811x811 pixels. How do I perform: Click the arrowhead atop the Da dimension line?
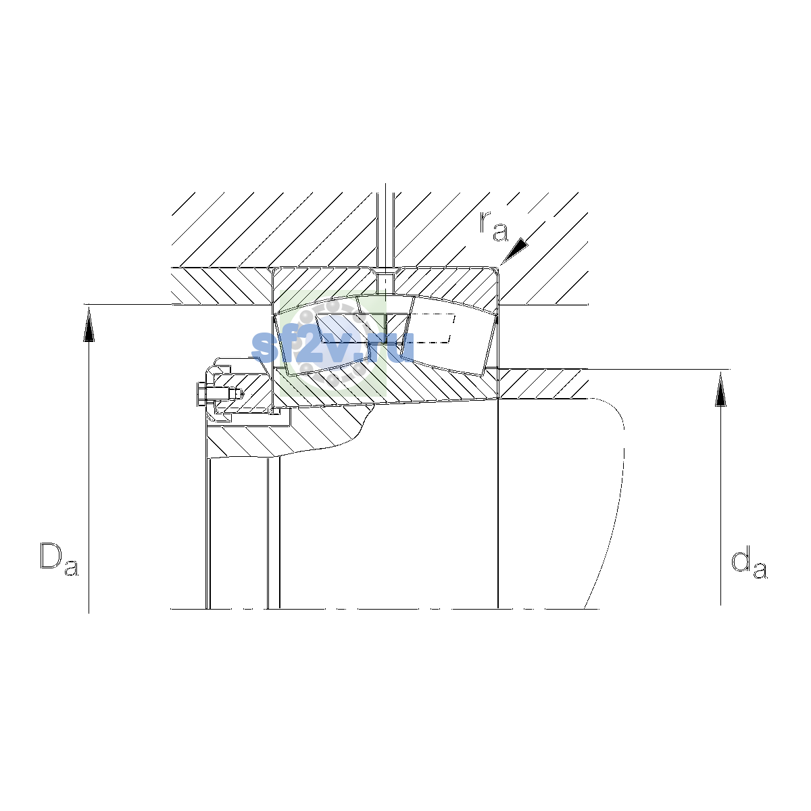[89, 324]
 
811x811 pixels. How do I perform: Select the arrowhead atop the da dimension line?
[720, 389]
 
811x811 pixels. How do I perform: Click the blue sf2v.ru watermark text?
[333, 347]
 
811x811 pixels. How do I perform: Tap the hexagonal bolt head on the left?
[201, 394]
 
